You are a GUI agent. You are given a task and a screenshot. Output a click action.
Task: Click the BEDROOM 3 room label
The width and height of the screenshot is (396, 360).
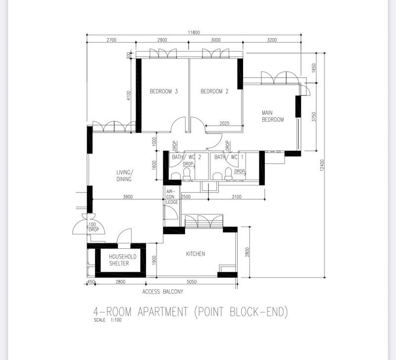(164, 91)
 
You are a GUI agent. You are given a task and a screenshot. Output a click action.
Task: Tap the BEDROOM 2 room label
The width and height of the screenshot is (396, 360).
(214, 91)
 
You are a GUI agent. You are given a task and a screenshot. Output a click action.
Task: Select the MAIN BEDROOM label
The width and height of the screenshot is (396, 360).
(273, 116)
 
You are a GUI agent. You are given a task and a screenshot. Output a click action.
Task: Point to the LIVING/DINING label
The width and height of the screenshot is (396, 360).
(124, 176)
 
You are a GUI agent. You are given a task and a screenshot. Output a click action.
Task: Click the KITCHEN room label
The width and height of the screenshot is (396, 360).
(196, 254)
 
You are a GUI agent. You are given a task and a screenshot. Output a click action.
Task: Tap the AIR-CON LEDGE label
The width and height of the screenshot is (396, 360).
(172, 196)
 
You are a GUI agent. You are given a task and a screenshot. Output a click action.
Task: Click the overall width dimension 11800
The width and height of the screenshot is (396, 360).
(194, 33)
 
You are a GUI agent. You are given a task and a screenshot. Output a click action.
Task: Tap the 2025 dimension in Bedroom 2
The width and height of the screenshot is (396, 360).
(224, 124)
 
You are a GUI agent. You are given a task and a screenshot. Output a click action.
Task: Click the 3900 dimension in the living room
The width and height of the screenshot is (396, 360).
(128, 197)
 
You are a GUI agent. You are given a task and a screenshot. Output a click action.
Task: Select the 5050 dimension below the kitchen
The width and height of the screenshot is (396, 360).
(192, 282)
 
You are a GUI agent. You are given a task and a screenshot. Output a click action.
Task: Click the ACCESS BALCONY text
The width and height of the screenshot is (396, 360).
(163, 292)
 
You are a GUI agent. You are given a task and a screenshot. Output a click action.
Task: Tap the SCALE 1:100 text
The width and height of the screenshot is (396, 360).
(107, 320)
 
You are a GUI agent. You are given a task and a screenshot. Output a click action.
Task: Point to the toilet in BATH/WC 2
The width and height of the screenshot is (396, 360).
(187, 173)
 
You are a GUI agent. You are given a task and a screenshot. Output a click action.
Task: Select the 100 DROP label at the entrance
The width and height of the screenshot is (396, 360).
(93, 227)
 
